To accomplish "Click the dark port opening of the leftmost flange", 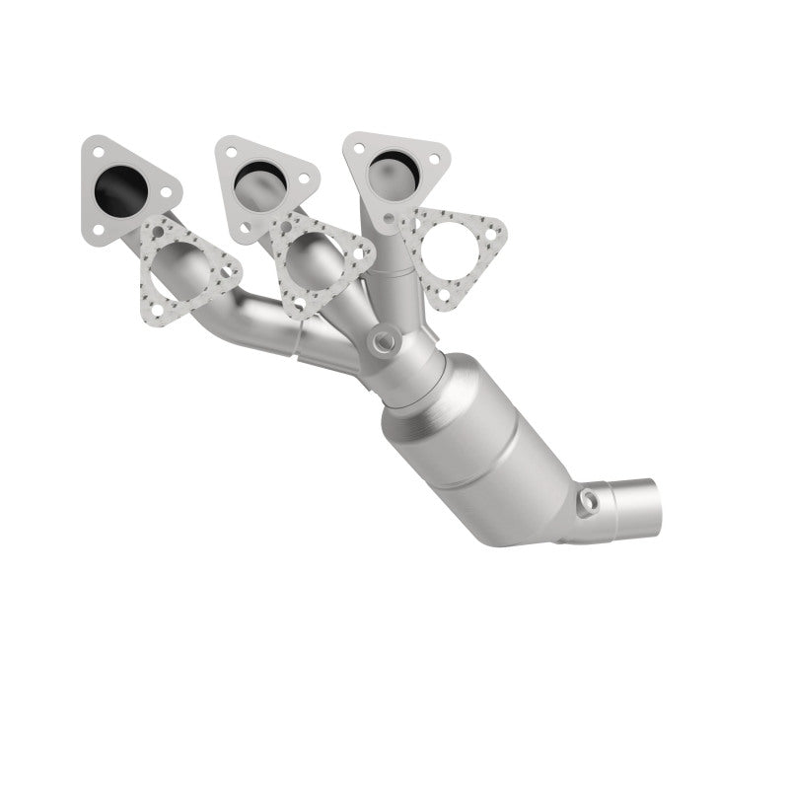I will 127,187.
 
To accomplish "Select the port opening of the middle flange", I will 261,179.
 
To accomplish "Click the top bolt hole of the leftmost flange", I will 98,153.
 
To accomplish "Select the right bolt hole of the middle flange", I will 304,179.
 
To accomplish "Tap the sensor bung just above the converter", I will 383,342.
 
